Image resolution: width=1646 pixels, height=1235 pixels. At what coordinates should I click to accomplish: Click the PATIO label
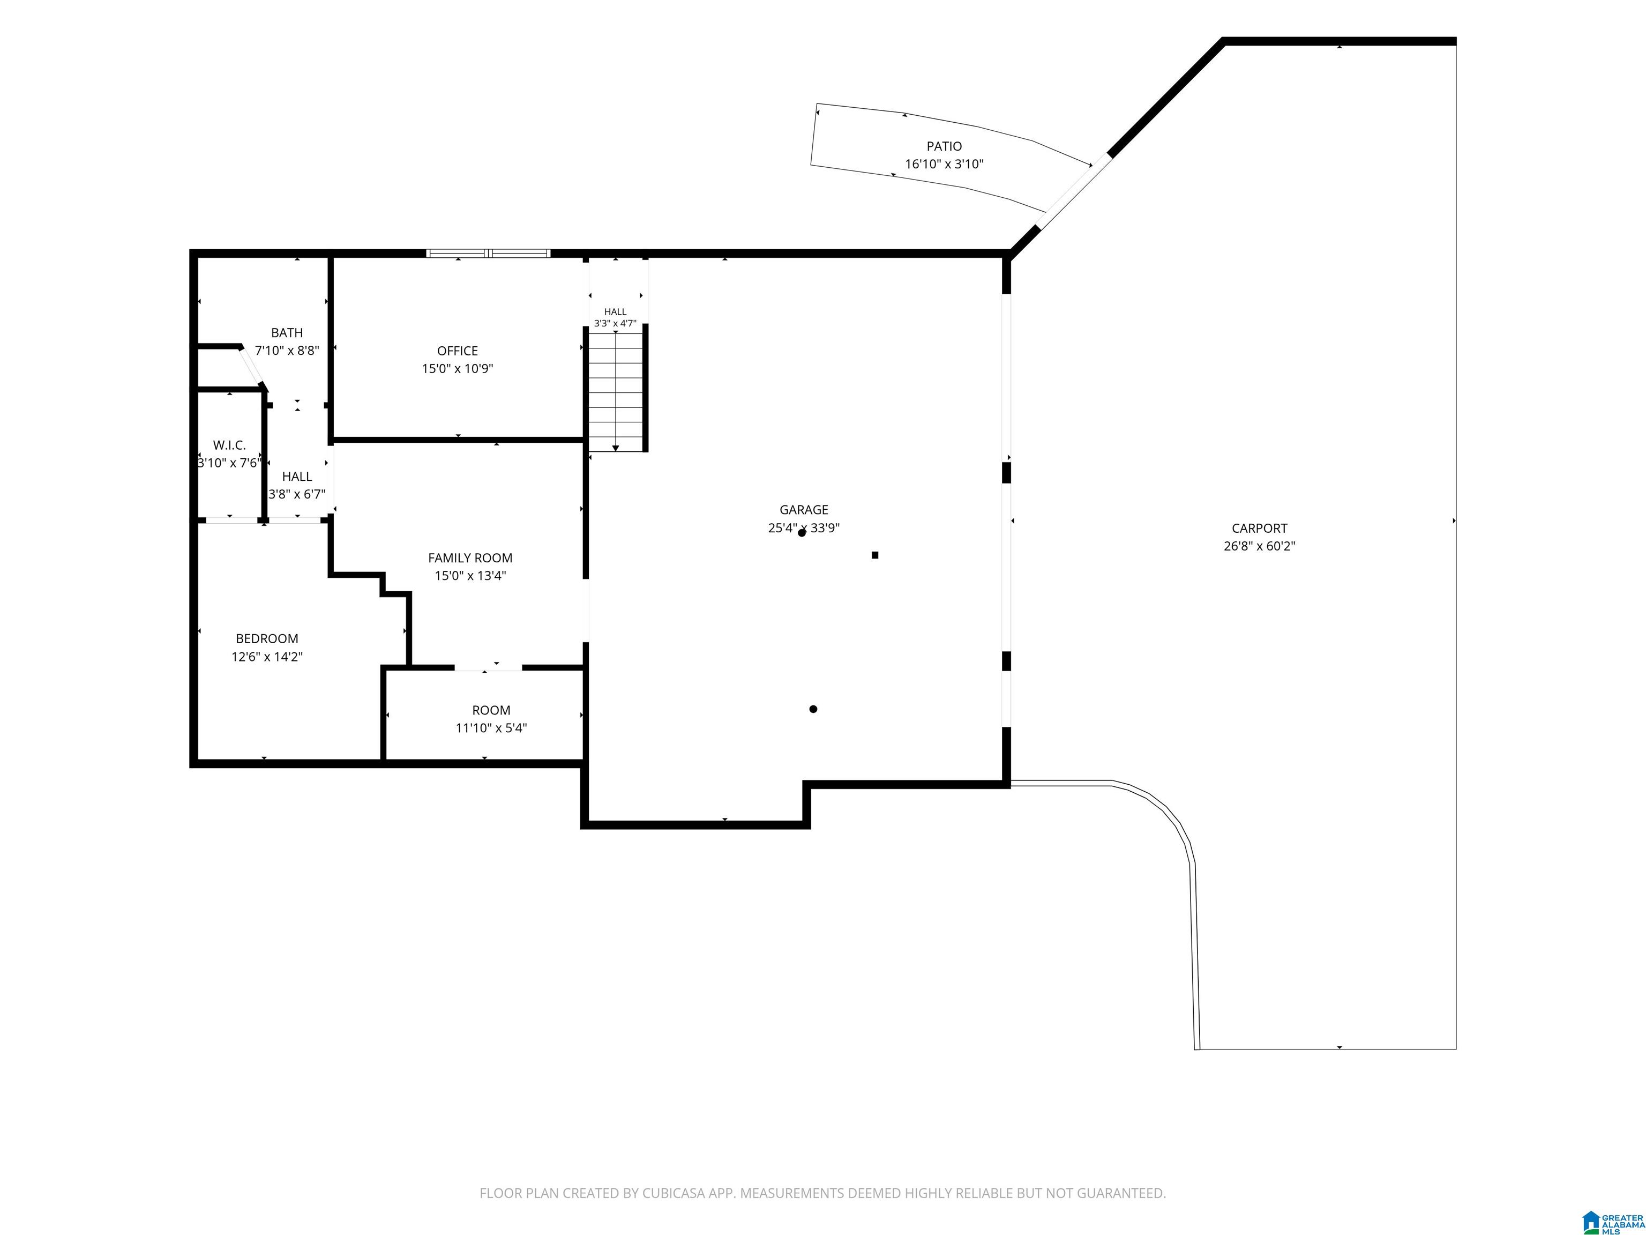pos(944,147)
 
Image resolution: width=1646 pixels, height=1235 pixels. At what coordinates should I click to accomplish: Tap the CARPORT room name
pos(1259,529)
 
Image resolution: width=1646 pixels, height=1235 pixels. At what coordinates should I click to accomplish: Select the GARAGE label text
pos(804,510)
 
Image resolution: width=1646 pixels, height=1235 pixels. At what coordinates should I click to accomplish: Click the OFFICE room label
pos(458,351)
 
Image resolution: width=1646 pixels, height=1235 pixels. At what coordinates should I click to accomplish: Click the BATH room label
pos(287,333)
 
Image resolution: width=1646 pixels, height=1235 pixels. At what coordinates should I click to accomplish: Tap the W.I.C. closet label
pos(229,445)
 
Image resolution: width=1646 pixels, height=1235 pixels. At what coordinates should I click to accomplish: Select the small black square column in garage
pos(875,555)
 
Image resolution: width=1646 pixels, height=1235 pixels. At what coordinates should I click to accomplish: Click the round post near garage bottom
pos(813,709)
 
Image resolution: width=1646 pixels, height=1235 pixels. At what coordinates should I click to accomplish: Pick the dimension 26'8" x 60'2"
pos(1259,546)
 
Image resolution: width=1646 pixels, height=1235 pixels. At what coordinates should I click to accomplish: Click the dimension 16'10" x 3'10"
pos(944,164)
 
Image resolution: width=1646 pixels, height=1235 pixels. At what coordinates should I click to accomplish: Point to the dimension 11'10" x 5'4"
pos(491,728)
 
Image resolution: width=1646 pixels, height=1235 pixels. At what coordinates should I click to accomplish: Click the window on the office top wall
pos(489,253)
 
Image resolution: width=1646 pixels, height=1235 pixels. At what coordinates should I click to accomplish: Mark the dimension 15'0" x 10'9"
pos(458,368)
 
